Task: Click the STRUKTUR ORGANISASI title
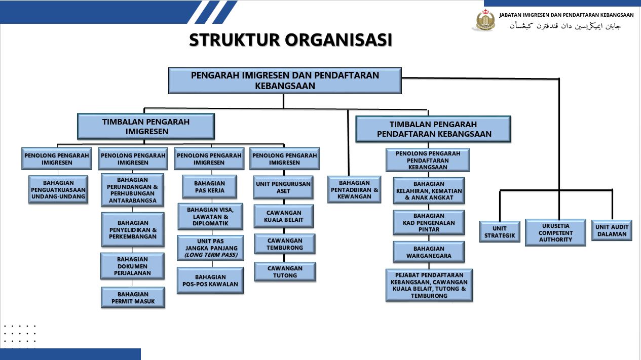pyautogui.click(x=290, y=40)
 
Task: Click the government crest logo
pyautogui.click(x=485, y=20)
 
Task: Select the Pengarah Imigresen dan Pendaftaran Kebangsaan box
pyautogui.click(x=285, y=81)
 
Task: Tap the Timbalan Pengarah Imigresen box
pyautogui.click(x=146, y=127)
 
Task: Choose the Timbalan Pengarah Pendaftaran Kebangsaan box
pyautogui.click(x=433, y=129)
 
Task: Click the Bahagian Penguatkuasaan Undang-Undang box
pyautogui.click(x=58, y=189)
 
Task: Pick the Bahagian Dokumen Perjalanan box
pyautogui.click(x=133, y=266)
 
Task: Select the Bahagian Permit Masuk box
pyautogui.click(x=133, y=298)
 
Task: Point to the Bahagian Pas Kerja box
pyautogui.click(x=210, y=187)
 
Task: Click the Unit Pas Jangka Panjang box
pyautogui.click(x=210, y=248)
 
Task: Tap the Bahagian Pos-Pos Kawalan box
pyautogui.click(x=210, y=281)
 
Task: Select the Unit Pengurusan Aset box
pyautogui.click(x=284, y=187)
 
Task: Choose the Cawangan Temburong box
pyautogui.click(x=285, y=244)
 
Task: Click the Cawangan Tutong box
pyautogui.click(x=285, y=272)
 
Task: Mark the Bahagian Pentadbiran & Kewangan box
pyautogui.click(x=354, y=189)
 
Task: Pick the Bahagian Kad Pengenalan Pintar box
pyautogui.click(x=429, y=222)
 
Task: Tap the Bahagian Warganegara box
pyautogui.click(x=429, y=252)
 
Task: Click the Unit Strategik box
pyautogui.click(x=500, y=232)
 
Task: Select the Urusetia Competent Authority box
pyautogui.click(x=555, y=232)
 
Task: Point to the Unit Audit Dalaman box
pyautogui.click(x=612, y=230)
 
